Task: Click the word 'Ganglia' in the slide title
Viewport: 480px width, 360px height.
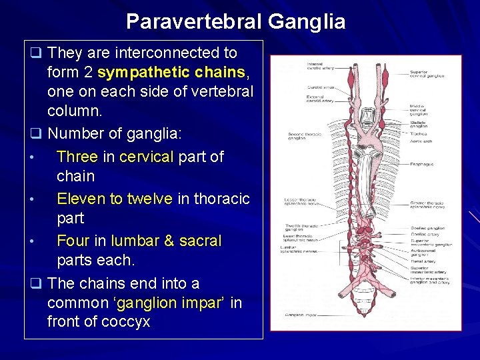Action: pyautogui.click(x=307, y=22)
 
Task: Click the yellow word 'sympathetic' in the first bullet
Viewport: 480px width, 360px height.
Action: pyautogui.click(x=137, y=72)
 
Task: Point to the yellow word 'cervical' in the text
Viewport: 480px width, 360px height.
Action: pyautogui.click(x=145, y=157)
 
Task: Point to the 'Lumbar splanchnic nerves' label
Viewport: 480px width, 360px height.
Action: pyautogui.click(x=293, y=249)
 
